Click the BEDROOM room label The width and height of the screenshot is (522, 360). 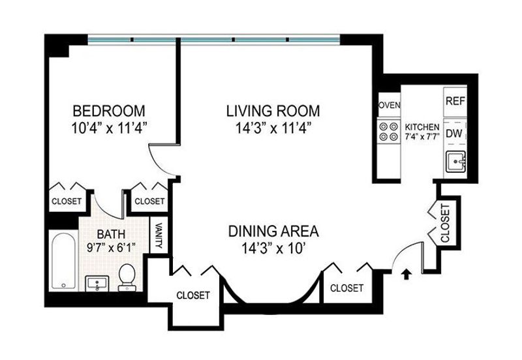109,111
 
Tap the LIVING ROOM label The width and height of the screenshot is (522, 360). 273,111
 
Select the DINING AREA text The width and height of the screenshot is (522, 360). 273,232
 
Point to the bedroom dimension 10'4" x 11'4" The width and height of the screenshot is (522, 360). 109,128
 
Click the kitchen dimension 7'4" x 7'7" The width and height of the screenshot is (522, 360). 422,136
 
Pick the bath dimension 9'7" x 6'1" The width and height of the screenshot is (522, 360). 111,248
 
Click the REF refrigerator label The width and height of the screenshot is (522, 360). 455,101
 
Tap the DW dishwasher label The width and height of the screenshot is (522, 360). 454,134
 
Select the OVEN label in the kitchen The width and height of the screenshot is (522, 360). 390,105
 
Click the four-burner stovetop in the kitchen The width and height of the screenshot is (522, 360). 389,132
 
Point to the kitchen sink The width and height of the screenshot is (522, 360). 455,162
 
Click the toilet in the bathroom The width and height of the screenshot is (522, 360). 127,277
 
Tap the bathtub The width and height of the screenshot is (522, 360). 63,261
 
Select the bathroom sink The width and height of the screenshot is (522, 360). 97,284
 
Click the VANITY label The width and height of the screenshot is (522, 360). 159,235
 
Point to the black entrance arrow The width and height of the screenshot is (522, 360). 406,275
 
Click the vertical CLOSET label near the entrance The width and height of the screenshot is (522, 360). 445,223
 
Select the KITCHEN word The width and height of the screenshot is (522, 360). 422,127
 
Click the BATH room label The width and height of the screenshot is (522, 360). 111,234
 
